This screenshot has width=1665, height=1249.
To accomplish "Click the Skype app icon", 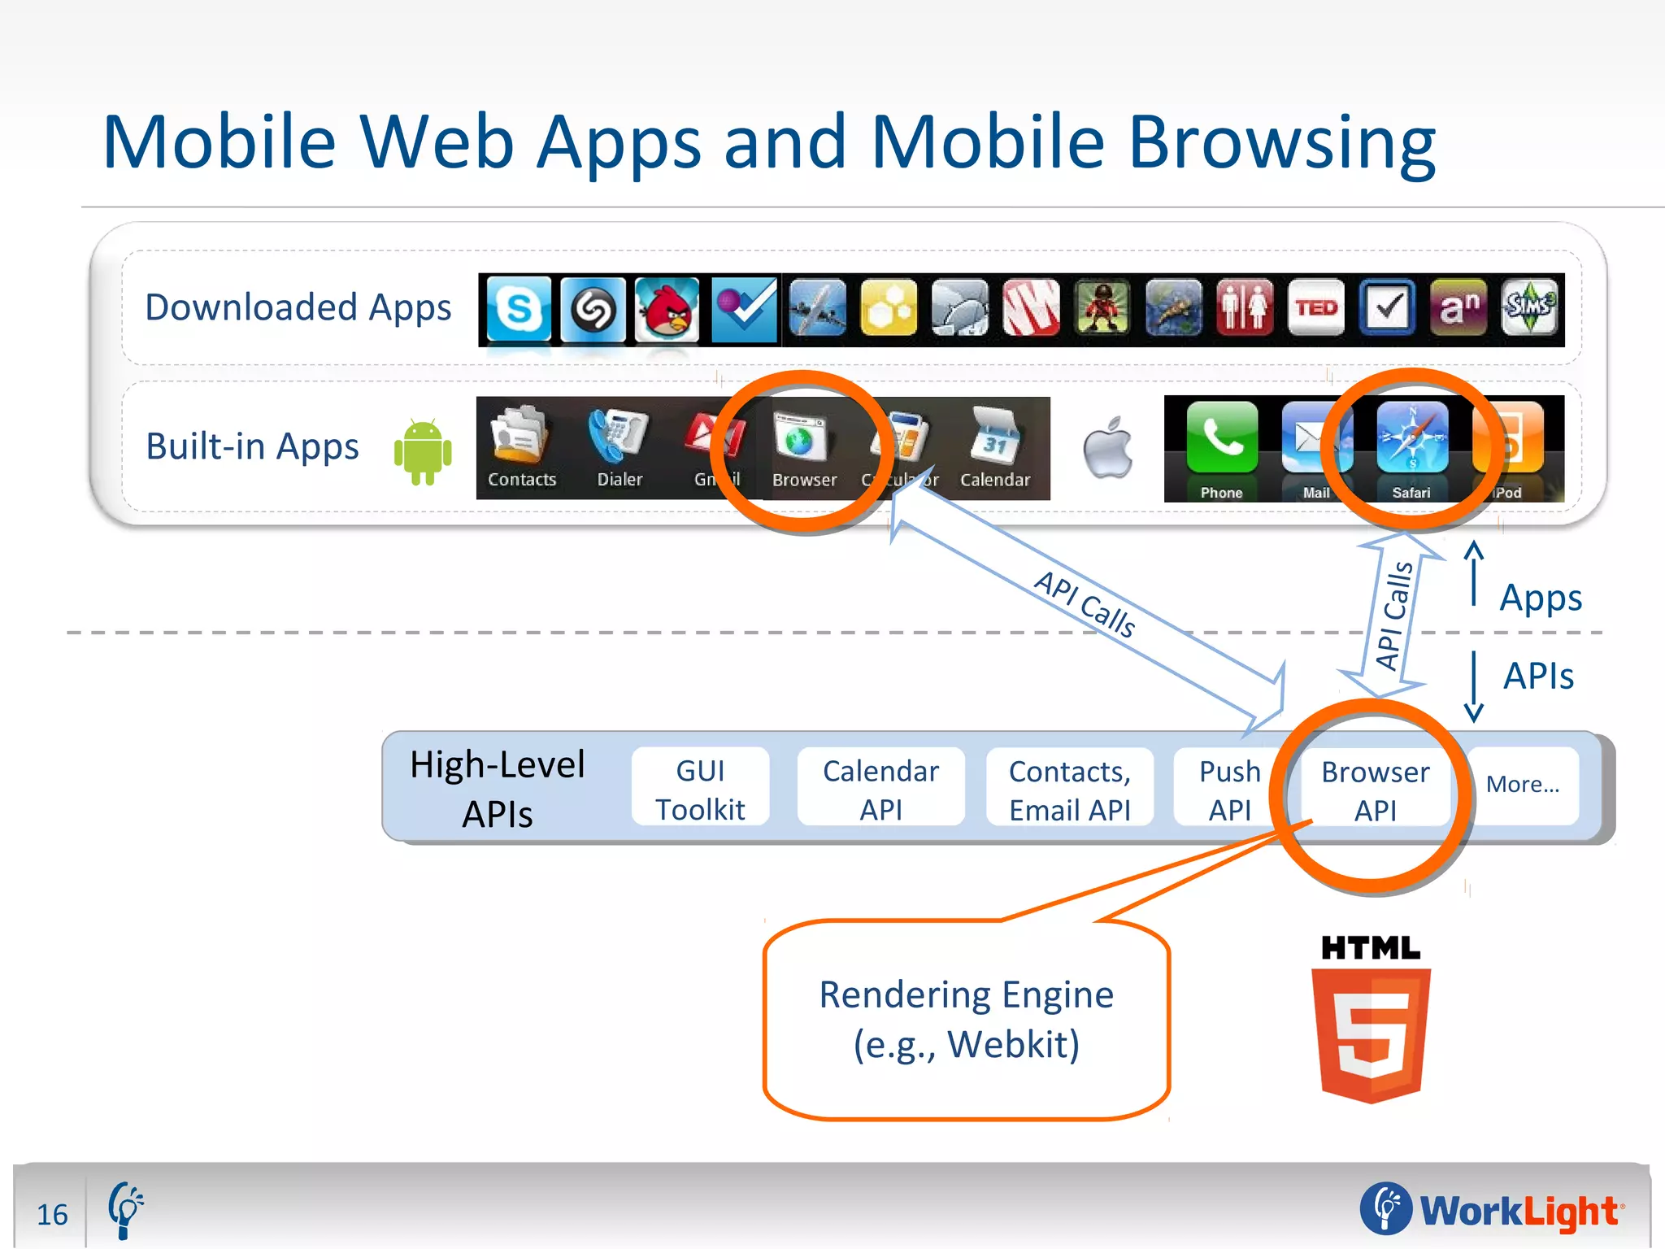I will coord(519,309).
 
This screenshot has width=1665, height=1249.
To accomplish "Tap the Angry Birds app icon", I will coord(667,309).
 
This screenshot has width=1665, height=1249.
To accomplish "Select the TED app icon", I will coord(1316,308).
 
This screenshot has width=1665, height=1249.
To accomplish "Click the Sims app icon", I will coord(1529,307).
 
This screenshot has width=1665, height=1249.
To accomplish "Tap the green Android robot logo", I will coord(423,451).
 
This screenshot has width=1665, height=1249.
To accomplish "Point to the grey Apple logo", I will coord(1108,447).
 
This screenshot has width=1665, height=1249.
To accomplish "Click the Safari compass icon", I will coord(1412,439).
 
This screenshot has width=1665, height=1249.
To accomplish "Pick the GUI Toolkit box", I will coord(700,789).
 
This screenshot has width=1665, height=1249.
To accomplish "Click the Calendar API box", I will coord(880,789).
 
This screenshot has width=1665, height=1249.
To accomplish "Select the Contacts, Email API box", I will coord(1069,790).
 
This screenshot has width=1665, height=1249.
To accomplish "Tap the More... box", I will coord(1523,785).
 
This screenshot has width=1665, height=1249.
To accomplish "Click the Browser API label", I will coord(1375,790).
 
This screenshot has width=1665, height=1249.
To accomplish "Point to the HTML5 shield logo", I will coord(1372,1032).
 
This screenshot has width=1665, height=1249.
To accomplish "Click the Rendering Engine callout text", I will coord(966,1019).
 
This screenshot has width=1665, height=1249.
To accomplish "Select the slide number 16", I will coord(52,1214).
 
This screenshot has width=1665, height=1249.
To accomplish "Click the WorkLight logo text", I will coord(1518,1211).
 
